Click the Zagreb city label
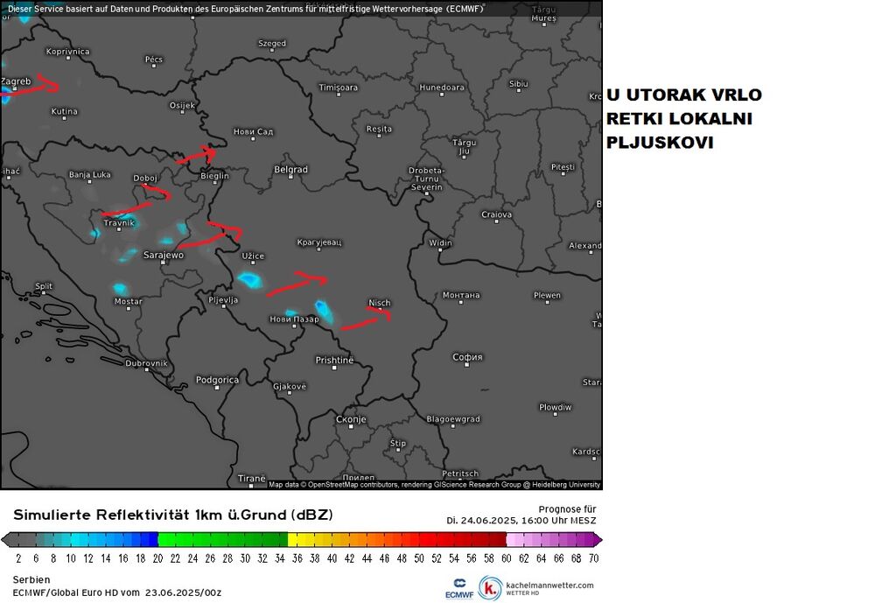point(16,81)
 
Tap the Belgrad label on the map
point(290,169)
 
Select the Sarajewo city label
point(163,255)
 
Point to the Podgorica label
point(217,380)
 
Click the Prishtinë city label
point(334,360)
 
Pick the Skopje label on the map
point(350,419)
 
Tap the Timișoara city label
point(338,88)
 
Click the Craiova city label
point(496,214)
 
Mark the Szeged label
point(271,43)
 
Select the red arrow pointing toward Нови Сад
point(196,156)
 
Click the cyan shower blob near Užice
point(249,280)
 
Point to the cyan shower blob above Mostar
point(120,288)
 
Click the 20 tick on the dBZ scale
point(157,557)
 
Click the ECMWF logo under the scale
point(459,588)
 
